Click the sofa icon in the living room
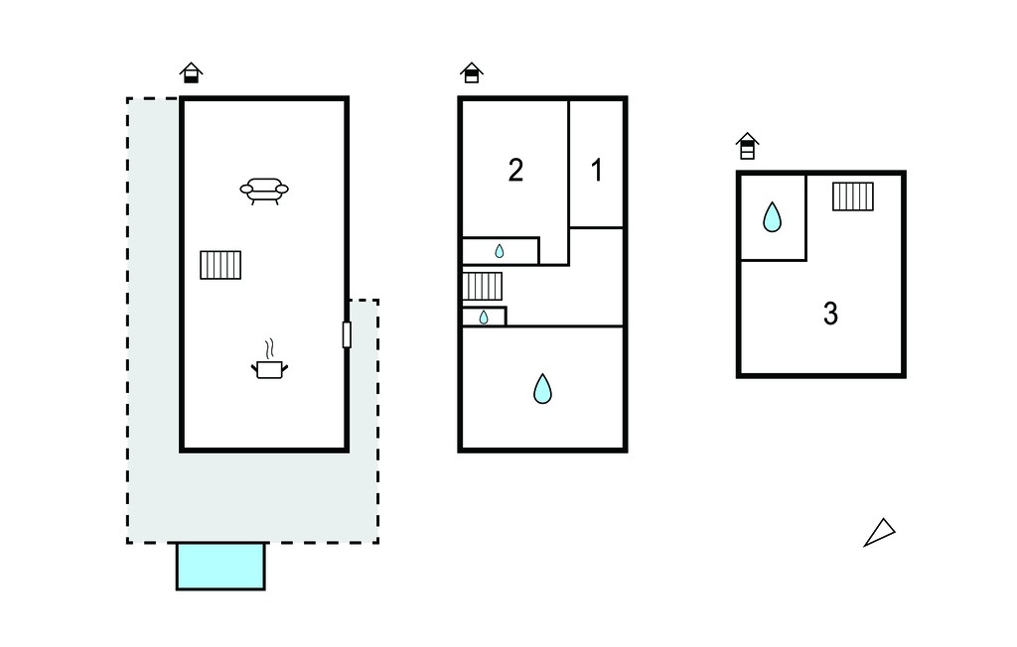(264, 192)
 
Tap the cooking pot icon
(269, 369)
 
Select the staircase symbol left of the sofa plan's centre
(220, 265)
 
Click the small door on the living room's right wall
(347, 334)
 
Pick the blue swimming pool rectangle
(220, 566)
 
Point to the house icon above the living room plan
(191, 72)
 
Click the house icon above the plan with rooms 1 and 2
(472, 72)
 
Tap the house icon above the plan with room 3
(747, 146)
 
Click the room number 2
(515, 171)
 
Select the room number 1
(597, 171)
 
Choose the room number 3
(830, 314)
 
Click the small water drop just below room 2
(500, 251)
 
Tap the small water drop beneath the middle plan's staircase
(484, 317)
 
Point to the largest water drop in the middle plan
(542, 389)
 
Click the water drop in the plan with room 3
(772, 217)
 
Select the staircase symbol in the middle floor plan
(483, 287)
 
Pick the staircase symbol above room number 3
(853, 196)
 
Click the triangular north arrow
(880, 532)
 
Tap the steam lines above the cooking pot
(270, 348)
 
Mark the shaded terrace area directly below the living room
(253, 496)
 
